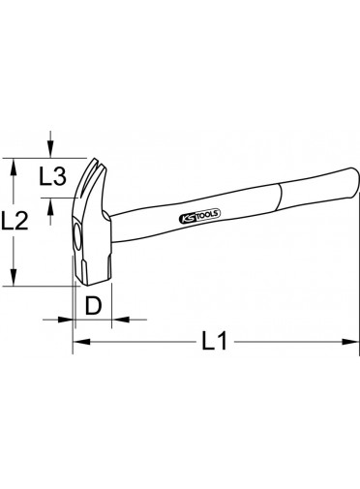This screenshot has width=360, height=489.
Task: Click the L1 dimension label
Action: (x=215, y=341)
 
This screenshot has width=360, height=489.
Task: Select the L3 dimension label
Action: (x=52, y=176)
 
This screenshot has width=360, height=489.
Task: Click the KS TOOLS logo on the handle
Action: (x=199, y=217)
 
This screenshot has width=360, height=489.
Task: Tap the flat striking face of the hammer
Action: (x=94, y=282)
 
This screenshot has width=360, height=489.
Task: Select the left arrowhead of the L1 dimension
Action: (x=81, y=341)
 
